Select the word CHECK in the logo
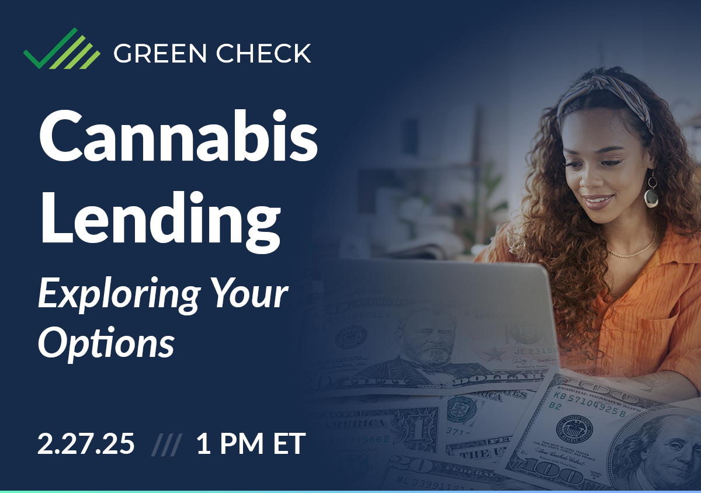(263, 54)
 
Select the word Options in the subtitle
(106, 343)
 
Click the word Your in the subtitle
(246, 294)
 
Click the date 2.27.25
(86, 445)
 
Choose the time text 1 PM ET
(251, 445)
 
